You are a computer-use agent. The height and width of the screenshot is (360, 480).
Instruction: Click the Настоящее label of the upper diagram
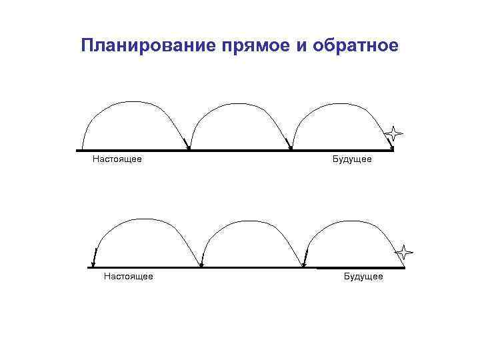(x=117, y=159)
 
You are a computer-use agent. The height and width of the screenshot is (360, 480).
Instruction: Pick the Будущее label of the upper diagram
(x=352, y=159)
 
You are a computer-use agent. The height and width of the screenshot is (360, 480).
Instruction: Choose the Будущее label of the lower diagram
(x=363, y=276)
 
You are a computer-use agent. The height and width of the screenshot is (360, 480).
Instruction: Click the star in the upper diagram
(x=395, y=133)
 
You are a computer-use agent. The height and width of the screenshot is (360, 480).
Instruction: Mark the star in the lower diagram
(x=403, y=252)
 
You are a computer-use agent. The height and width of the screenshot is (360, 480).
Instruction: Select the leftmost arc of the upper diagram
(x=133, y=102)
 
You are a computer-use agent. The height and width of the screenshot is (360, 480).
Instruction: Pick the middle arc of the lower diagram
(x=250, y=221)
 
